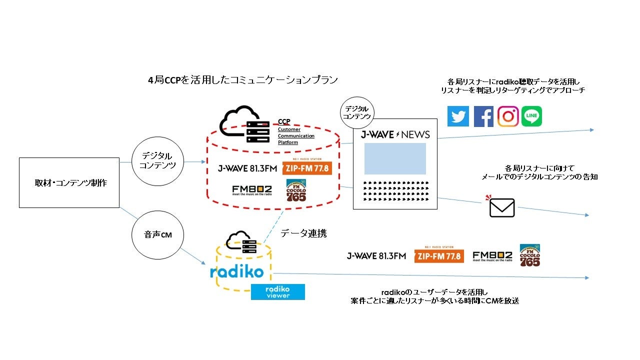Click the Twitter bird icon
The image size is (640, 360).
coord(458,116)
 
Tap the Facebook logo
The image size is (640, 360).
coord(483,116)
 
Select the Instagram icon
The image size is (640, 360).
coord(508,116)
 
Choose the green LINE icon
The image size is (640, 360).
coord(531,116)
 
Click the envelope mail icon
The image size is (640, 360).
coord(501,207)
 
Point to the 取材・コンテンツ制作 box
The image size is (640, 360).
coord(69,183)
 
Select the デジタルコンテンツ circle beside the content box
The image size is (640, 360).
coord(157,160)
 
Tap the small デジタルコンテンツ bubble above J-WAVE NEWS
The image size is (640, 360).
coord(357,111)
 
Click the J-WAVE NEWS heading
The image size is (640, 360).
coord(395,134)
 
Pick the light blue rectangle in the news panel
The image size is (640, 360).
coord(395,158)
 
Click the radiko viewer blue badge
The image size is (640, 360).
coord(277,292)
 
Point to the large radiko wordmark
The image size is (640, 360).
coord(236,272)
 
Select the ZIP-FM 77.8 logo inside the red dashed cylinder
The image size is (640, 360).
coord(307,167)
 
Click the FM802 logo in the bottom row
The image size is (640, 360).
coord(492,256)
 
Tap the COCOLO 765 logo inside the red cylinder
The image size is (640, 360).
coord(295,190)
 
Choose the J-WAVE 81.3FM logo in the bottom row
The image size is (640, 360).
coord(376,256)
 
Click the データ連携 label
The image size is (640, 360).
coord(303,233)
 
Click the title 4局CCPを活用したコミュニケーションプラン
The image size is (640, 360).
coord(243,80)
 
